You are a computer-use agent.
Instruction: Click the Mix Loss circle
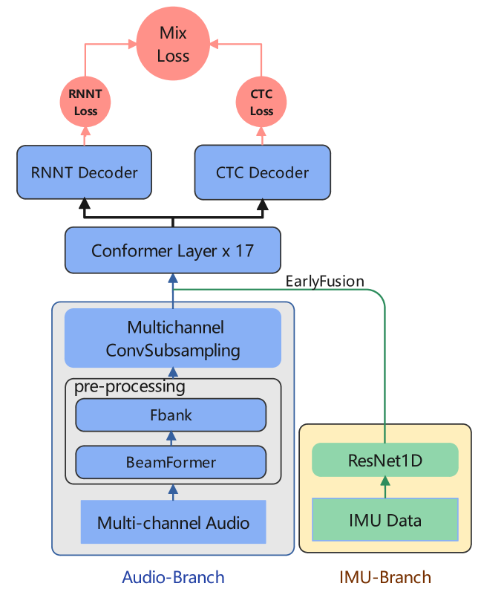click(173, 45)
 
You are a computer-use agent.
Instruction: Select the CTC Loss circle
click(261, 103)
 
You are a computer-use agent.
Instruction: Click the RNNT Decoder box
click(84, 172)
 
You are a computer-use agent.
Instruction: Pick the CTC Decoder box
click(262, 172)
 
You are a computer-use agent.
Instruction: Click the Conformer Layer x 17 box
click(172, 250)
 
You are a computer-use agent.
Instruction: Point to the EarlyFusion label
click(324, 281)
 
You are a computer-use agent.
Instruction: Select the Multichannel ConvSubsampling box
click(173, 338)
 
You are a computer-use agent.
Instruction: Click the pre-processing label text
click(129, 386)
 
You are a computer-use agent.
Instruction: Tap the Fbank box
click(171, 414)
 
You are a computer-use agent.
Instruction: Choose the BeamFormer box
click(171, 462)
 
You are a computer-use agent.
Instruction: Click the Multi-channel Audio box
click(173, 522)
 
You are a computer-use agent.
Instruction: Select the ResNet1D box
click(385, 461)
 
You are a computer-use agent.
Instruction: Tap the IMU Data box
click(385, 519)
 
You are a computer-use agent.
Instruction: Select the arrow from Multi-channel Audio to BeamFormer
click(173, 491)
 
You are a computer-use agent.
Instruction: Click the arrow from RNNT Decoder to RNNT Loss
click(85, 135)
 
